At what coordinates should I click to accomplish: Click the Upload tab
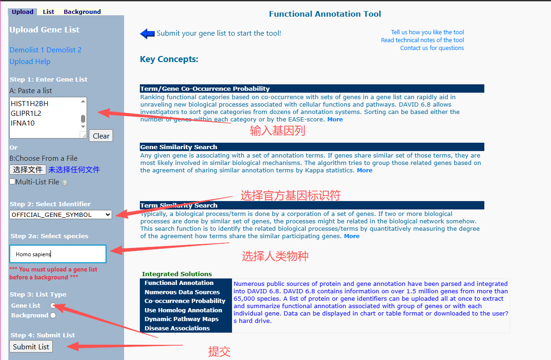(22, 12)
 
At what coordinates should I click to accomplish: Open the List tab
(49, 12)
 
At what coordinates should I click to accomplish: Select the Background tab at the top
(82, 12)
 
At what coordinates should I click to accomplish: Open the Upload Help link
(30, 62)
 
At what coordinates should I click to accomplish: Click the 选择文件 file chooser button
(28, 170)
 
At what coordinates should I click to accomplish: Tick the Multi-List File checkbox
(13, 182)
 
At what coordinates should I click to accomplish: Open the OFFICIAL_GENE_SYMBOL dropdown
(61, 215)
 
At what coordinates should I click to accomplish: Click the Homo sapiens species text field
(58, 254)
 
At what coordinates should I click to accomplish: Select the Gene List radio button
(53, 305)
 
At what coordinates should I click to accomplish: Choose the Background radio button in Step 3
(53, 316)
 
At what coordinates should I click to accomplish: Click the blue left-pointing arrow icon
(147, 33)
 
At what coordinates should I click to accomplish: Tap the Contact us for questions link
(432, 48)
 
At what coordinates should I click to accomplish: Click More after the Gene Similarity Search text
(364, 171)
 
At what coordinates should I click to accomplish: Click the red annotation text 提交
(219, 352)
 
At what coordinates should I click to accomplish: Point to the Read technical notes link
(422, 40)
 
